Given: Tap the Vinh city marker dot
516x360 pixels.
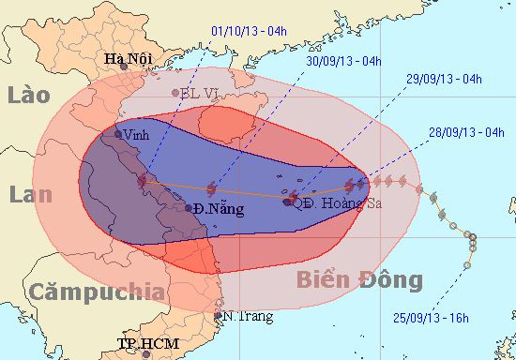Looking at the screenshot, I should [x=118, y=134].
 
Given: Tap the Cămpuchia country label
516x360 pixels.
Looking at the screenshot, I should [x=95, y=292].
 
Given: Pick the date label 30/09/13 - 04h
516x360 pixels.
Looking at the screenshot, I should [x=344, y=62].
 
